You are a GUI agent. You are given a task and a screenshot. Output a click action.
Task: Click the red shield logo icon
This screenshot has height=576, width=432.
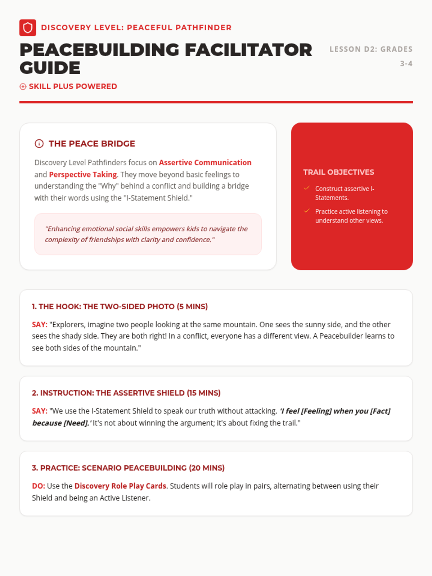[28, 28]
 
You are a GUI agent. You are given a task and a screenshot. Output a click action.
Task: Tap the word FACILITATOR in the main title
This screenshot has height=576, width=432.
[248, 50]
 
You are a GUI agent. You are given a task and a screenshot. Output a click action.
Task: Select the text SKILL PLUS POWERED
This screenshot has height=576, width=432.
[73, 86]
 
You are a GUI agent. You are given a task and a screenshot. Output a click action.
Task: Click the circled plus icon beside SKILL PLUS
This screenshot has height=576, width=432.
[23, 86]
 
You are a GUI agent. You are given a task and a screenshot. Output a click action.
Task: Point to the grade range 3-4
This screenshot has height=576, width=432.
[406, 64]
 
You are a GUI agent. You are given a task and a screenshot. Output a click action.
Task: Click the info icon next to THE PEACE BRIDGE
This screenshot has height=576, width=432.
[39, 144]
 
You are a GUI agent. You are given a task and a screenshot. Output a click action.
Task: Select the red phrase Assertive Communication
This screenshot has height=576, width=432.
[205, 163]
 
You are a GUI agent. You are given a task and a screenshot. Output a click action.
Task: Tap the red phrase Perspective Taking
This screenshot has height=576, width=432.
[83, 175]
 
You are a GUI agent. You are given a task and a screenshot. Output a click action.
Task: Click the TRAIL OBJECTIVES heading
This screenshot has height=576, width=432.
[338, 172]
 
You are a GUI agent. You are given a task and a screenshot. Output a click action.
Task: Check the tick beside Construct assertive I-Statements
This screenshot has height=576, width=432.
[307, 188]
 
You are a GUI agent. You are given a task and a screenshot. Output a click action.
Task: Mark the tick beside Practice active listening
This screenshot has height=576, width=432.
[307, 211]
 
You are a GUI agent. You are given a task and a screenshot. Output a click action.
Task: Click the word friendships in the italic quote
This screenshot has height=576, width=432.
[107, 240]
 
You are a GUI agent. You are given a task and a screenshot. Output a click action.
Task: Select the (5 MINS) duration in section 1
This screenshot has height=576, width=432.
[192, 307]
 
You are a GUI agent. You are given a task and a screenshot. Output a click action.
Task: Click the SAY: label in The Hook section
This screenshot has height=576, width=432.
[40, 325]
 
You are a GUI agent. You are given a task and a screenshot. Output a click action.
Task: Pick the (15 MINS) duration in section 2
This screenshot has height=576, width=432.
[204, 393]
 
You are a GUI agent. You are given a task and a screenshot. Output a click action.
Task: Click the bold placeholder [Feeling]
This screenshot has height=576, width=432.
[316, 411]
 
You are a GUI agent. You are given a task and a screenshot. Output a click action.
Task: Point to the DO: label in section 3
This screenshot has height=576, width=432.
[39, 486]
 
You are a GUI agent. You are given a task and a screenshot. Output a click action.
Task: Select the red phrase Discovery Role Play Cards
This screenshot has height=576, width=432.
[120, 486]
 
